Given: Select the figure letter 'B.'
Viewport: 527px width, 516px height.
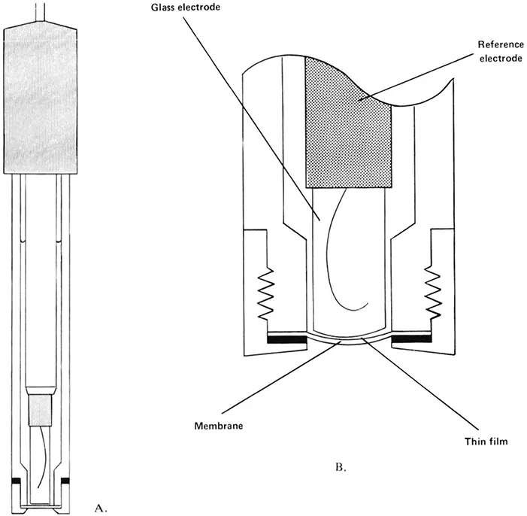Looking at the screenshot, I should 339,467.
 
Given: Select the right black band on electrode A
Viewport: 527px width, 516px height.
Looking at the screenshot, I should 65,480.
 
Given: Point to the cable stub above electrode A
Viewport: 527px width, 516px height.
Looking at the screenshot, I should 42,12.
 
